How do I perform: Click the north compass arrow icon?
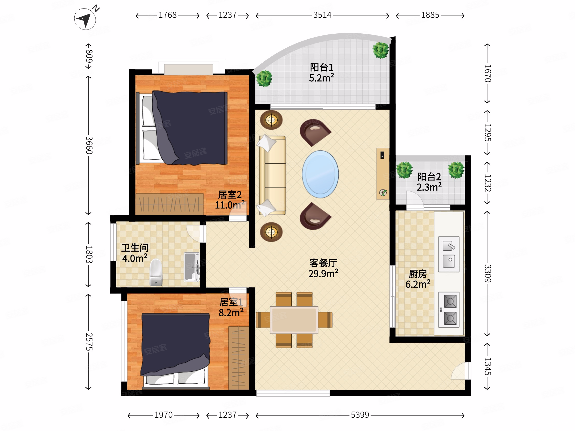click(85, 19)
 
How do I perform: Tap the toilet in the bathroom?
click(156, 272)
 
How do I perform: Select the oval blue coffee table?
click(320, 174)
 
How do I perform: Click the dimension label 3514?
click(322, 15)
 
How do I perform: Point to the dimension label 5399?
click(360, 415)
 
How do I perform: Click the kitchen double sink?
click(449, 254)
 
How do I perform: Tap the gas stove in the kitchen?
click(449, 310)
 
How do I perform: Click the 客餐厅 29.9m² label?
click(323, 268)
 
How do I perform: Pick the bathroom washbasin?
click(192, 267)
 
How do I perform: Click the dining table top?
click(294, 320)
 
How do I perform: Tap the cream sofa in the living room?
click(272, 176)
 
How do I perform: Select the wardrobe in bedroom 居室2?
click(169, 204)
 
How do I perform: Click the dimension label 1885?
click(430, 15)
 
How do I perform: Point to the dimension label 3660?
click(89, 145)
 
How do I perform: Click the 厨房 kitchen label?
click(418, 274)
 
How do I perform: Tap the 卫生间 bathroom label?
click(135, 248)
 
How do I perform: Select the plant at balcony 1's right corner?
click(381, 50)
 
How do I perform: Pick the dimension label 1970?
click(163, 415)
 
